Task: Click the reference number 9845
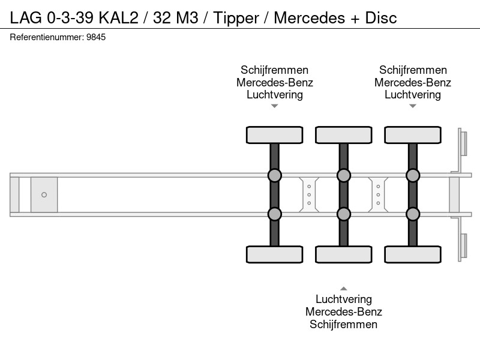click(96, 37)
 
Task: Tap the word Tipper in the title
click(236, 18)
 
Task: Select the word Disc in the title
click(381, 17)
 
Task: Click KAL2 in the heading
click(118, 17)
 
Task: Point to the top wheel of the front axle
click(275, 135)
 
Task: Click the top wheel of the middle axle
click(344, 135)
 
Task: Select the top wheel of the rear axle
click(413, 135)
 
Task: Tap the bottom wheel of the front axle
click(275, 254)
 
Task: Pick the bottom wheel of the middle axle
click(344, 254)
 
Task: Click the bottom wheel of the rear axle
click(413, 254)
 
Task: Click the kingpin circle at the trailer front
click(44, 194)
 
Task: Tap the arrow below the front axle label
click(275, 106)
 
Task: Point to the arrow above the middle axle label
click(344, 289)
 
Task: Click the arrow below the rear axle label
click(413, 106)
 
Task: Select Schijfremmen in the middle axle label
click(343, 324)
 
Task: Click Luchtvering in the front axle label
click(275, 95)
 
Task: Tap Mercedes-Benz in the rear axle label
click(413, 82)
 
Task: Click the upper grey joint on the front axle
click(275, 175)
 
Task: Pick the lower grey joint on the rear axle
click(413, 214)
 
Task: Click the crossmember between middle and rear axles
click(378, 194)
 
